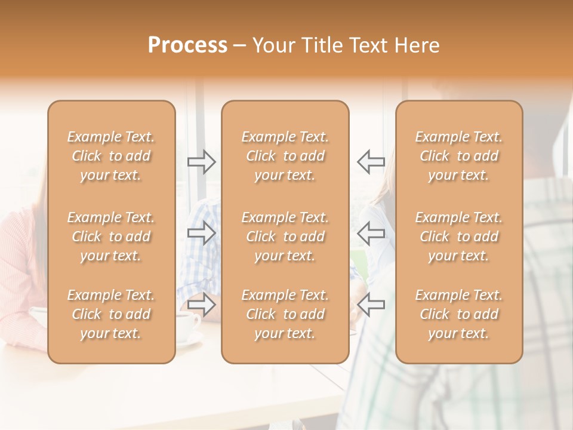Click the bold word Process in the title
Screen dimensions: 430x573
pyautogui.click(x=187, y=45)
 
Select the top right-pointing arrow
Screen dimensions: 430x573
pyautogui.click(x=202, y=161)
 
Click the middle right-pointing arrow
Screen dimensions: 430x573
pyautogui.click(x=202, y=233)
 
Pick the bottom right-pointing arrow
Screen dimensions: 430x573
pyautogui.click(x=202, y=305)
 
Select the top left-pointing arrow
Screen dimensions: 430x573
pyautogui.click(x=371, y=161)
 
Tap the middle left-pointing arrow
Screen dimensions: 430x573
pyautogui.click(x=371, y=233)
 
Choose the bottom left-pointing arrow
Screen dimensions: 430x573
pyautogui.click(x=371, y=305)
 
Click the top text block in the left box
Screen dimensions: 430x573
pyautogui.click(x=111, y=156)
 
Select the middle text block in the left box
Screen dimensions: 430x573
pyautogui.click(x=111, y=236)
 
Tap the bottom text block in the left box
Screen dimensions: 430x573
pyautogui.click(x=111, y=314)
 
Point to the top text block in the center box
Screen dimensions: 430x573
pyautogui.click(x=285, y=156)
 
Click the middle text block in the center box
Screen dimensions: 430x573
pyautogui.click(x=285, y=236)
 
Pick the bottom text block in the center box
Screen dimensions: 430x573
pyautogui.click(x=285, y=314)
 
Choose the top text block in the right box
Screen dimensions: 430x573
pyautogui.click(x=459, y=156)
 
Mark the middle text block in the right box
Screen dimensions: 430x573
pyautogui.click(x=459, y=236)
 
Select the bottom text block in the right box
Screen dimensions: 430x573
pyautogui.click(x=459, y=314)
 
